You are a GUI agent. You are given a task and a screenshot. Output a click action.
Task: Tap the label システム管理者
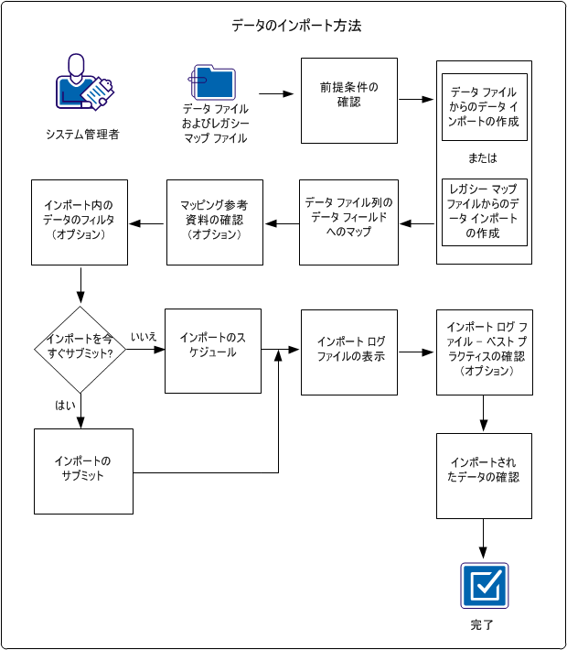[x=82, y=135]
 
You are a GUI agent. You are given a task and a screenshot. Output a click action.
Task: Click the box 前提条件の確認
[x=349, y=101]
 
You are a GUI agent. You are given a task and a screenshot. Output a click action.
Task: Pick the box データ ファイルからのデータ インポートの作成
[x=484, y=106]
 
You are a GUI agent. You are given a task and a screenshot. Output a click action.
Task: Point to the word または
[x=483, y=158]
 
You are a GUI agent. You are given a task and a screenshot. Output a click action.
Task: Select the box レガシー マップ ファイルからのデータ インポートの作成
[x=484, y=211]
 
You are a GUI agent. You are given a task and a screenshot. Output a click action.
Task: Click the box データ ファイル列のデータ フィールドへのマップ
[x=349, y=222]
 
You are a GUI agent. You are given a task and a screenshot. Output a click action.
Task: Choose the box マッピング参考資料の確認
[x=215, y=222]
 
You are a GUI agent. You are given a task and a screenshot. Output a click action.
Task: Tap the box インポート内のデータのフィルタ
[x=80, y=222]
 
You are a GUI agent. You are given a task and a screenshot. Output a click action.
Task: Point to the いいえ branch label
[x=144, y=337]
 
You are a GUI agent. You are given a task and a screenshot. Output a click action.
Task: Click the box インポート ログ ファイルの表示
[x=349, y=352]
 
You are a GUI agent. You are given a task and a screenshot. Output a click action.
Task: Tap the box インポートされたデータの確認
[x=484, y=471]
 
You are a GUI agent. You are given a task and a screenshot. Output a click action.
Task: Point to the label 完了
[x=483, y=625]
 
